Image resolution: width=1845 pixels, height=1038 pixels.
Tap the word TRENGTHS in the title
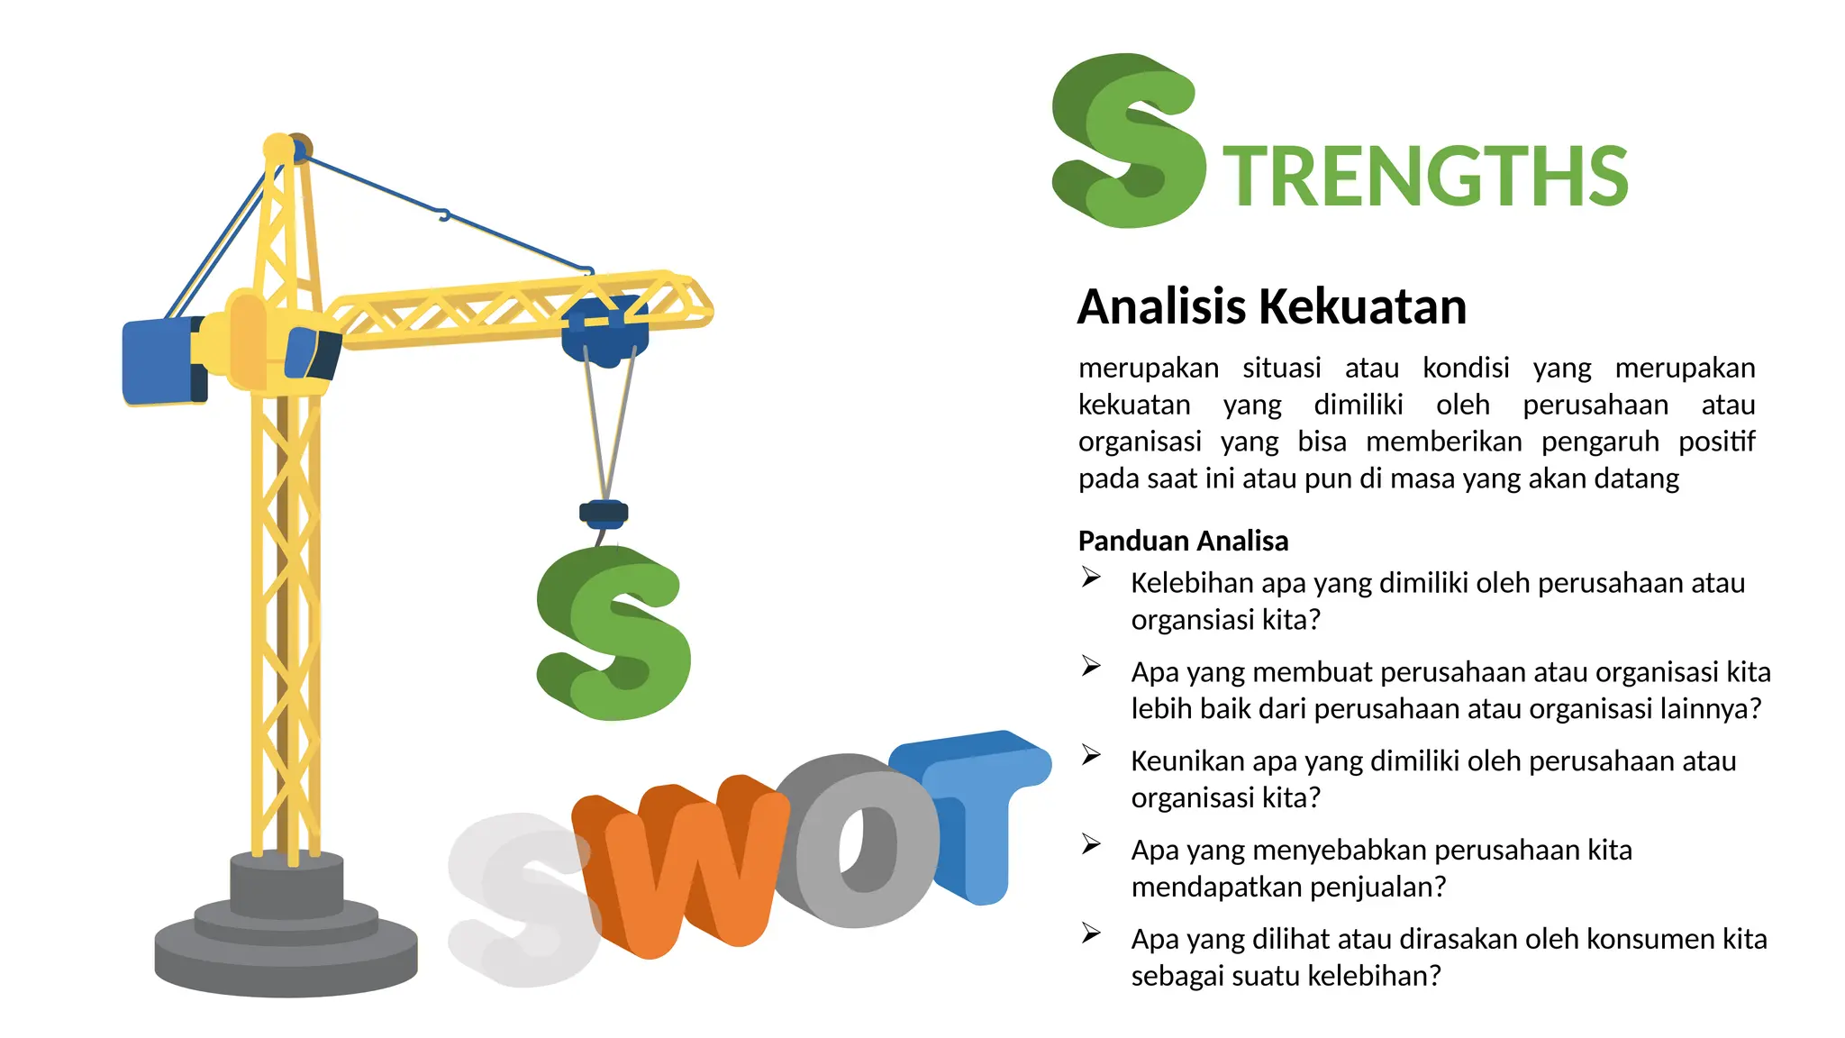(1425, 176)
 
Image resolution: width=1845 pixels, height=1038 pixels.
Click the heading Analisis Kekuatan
(1272, 306)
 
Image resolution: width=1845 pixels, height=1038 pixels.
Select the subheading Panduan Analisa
(1183, 541)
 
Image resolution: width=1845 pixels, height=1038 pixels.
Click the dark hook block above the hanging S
(603, 514)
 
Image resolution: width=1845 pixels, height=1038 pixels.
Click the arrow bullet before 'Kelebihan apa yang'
(1091, 578)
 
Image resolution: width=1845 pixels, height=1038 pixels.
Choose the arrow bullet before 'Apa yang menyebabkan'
(1091, 844)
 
